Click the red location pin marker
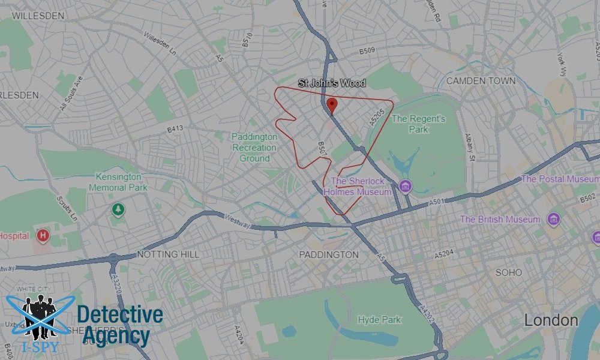(332, 106)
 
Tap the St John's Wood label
(332, 83)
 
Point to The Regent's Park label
(418, 124)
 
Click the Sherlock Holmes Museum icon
(405, 187)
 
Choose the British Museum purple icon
(553, 218)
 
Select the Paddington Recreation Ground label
(254, 148)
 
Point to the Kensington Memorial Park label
(118, 182)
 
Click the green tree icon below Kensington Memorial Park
(118, 209)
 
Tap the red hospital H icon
(43, 235)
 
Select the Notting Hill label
(168, 254)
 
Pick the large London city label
(551, 320)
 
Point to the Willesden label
(37, 16)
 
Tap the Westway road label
(236, 221)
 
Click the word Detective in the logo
(120, 314)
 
